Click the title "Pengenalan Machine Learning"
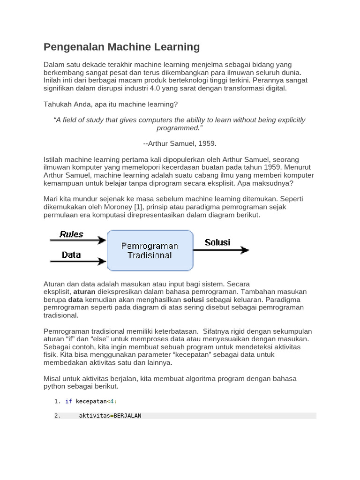(121, 47)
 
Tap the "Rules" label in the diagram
(71, 234)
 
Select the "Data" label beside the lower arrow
(71, 255)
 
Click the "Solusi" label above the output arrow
(217, 242)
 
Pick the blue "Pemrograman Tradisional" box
(150, 250)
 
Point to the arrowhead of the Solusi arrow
(244, 250)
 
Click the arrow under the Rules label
(78, 241)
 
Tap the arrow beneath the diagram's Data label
(78, 262)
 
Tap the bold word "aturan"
(84, 292)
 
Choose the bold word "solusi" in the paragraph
(193, 300)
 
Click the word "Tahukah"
(56, 104)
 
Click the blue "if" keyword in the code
(68, 401)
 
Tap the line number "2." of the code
(57, 415)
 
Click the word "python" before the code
(55, 386)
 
